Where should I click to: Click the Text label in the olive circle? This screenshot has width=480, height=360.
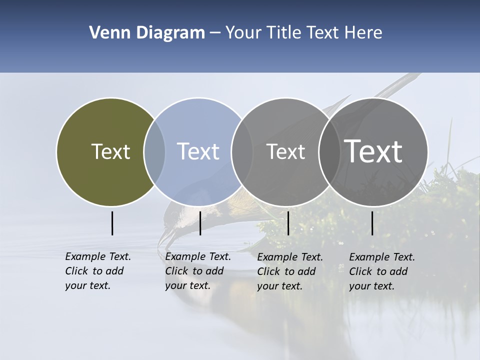point(110,151)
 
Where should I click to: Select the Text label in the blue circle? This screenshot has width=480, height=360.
point(198,151)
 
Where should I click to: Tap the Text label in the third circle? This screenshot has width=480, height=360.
point(285,151)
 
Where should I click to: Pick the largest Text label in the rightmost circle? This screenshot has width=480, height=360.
point(373,151)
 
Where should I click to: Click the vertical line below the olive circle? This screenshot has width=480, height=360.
point(112,223)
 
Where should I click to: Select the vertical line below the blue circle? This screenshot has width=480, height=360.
point(200,223)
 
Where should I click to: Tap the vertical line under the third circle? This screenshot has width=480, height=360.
point(288,223)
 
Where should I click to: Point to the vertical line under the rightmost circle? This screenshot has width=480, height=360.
point(372,223)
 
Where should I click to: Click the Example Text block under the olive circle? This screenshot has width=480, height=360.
point(98,271)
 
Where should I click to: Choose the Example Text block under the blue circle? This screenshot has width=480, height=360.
point(198,271)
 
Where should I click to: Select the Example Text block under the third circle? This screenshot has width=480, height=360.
point(290,271)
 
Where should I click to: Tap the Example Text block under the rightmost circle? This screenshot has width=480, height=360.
point(382,271)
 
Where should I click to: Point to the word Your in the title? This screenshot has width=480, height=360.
point(243,33)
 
